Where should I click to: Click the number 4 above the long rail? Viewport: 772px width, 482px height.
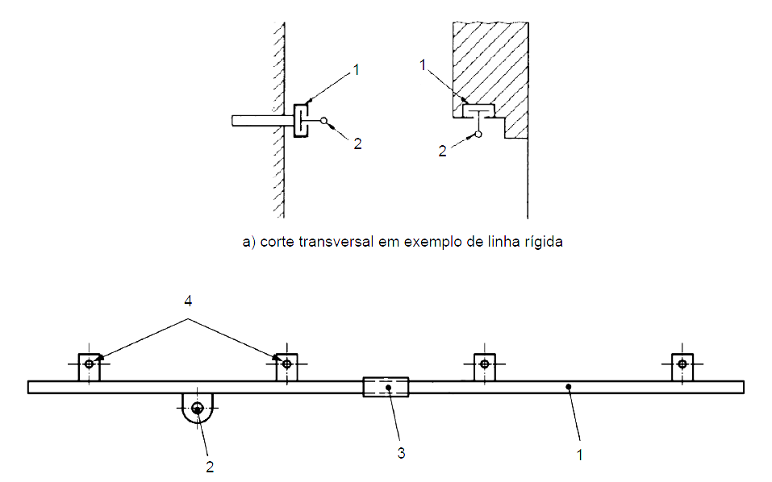tap(188, 301)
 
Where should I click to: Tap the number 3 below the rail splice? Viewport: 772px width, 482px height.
tap(401, 452)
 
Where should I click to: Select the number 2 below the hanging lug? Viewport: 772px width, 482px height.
tap(210, 466)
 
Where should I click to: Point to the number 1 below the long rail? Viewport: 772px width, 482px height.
tap(578, 455)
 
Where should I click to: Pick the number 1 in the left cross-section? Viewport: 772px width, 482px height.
tap(355, 71)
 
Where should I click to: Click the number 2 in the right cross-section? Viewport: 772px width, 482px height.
tap(442, 150)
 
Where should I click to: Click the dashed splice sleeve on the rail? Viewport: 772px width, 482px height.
tap(386, 387)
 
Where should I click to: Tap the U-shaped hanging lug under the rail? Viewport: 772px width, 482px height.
tap(197, 406)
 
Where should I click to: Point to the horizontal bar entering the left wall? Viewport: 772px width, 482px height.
tap(257, 121)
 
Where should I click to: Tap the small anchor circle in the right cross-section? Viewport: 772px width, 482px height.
tap(478, 134)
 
